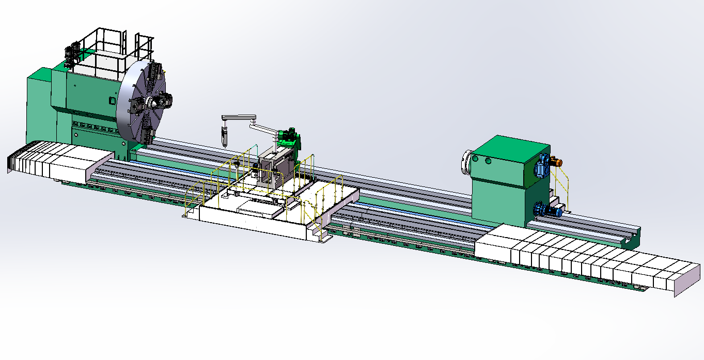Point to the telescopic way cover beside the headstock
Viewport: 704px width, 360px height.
tap(57, 163)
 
